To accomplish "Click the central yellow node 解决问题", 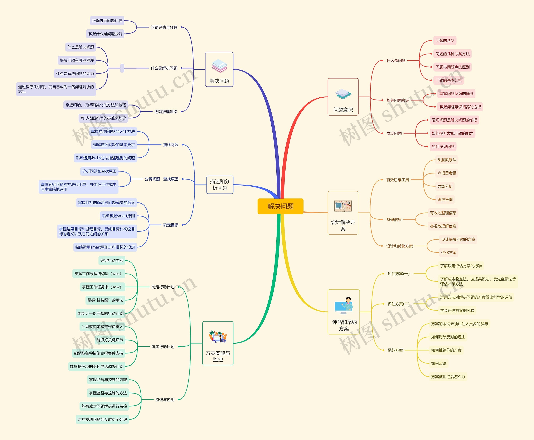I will click(x=280, y=206).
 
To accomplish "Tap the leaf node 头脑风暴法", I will click(x=447, y=160).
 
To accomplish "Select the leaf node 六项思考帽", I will click(x=447, y=173).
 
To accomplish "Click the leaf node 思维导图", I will click(x=445, y=200).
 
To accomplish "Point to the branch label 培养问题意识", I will click(x=398, y=100).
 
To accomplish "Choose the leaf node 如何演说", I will click(x=439, y=363).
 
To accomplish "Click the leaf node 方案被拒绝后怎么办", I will click(x=448, y=377).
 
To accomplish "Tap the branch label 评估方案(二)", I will click(x=398, y=304).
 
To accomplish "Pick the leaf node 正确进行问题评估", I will click(x=107, y=20).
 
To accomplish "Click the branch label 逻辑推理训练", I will click(x=166, y=112).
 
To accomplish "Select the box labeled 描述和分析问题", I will click(x=220, y=185).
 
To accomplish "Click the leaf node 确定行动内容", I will click(x=112, y=260).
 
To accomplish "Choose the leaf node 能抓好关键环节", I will click(x=110, y=340).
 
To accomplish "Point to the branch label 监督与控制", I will click(x=165, y=400).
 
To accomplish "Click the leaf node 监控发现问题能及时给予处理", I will click(x=102, y=420).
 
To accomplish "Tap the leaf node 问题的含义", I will click(x=445, y=40).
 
